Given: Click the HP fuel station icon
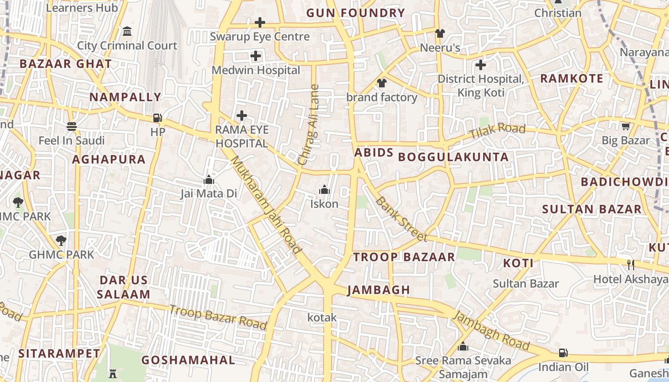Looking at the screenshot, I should pyautogui.click(x=157, y=118).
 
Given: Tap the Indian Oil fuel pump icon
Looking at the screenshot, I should pyautogui.click(x=563, y=353).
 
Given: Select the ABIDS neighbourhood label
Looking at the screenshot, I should pyautogui.click(x=374, y=153).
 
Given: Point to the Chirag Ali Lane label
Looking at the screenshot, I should pyautogui.click(x=309, y=125).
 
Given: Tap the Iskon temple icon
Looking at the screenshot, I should pyautogui.click(x=324, y=190).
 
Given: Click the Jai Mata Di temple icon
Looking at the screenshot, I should pyautogui.click(x=208, y=180).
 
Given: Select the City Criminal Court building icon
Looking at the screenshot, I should pyautogui.click(x=127, y=32).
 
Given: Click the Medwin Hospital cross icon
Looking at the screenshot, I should pyautogui.click(x=256, y=56).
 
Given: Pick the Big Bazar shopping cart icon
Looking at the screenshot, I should pyautogui.click(x=626, y=127).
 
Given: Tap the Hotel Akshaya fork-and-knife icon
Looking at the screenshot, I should pyautogui.click(x=631, y=264).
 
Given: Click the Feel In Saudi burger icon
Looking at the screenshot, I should pyautogui.click(x=72, y=127).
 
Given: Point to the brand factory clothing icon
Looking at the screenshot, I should pyautogui.click(x=381, y=83).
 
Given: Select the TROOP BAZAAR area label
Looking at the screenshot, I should pyautogui.click(x=404, y=257).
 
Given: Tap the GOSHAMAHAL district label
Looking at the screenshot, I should pyautogui.click(x=188, y=360).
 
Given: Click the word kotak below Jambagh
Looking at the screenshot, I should pyautogui.click(x=322, y=317).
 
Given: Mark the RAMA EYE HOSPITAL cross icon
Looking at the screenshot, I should pyautogui.click(x=242, y=116).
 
